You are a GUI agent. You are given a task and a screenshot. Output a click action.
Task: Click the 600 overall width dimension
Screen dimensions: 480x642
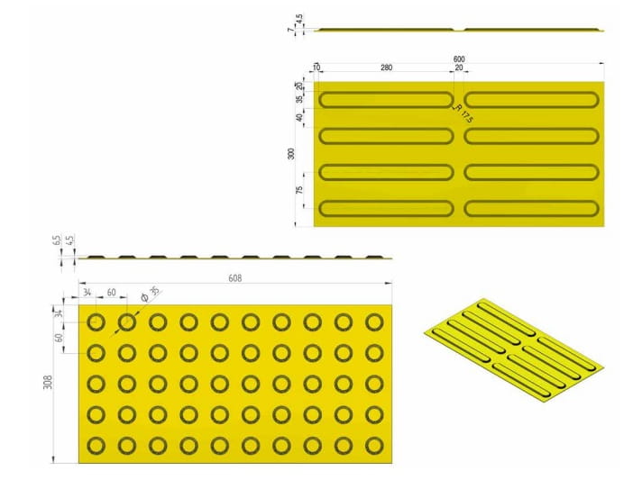coord(459,59)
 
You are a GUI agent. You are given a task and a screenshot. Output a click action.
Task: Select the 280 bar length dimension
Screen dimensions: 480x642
coord(387,68)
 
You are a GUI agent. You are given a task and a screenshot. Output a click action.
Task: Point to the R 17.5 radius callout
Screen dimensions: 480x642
coord(464,113)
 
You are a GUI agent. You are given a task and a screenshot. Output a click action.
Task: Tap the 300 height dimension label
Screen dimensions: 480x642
coord(291,153)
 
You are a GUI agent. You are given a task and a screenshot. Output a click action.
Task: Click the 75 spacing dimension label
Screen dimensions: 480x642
coord(299,190)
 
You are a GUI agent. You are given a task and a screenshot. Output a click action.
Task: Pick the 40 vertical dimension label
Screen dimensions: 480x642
coord(299,117)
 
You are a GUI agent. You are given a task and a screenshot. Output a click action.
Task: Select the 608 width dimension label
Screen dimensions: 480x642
coord(234,279)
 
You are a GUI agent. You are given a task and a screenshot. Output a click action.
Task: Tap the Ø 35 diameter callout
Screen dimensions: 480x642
coord(150,293)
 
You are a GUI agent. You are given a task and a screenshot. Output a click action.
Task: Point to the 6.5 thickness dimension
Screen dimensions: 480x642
coord(57,241)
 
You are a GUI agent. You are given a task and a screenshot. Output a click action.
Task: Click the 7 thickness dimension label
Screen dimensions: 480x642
coord(290,30)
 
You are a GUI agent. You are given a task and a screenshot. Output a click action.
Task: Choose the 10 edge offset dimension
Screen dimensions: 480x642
coord(316,68)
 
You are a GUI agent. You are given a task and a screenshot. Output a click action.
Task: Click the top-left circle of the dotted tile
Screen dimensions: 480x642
coord(96,322)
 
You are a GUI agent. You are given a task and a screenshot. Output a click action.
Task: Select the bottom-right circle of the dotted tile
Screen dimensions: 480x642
coord(374,445)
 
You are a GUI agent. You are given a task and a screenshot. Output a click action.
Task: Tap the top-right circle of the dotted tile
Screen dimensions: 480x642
coord(374,322)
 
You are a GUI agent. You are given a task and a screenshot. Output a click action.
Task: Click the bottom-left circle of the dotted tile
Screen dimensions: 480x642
coord(96,445)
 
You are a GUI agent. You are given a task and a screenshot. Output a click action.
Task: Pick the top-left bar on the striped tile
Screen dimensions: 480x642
coord(387,99)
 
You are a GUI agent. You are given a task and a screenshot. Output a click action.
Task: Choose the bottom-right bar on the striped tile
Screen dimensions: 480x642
coord(531,208)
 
